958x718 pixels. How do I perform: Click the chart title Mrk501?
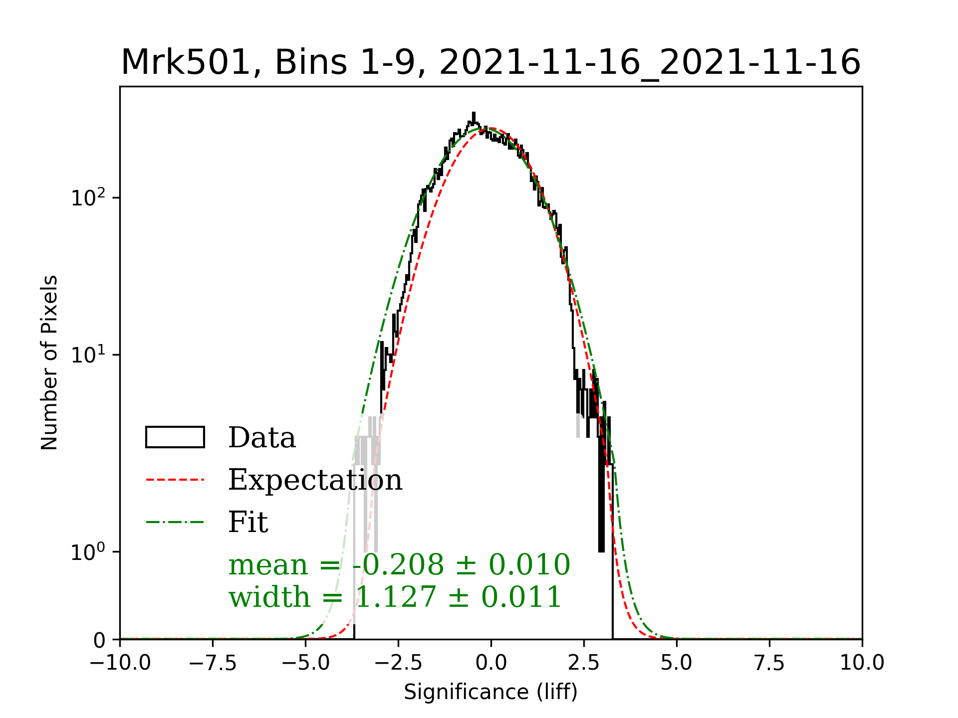pos(490,63)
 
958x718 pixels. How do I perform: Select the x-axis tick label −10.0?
pos(120,663)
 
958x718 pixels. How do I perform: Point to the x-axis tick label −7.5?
pos(213,663)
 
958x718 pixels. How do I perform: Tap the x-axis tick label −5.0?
pos(305,663)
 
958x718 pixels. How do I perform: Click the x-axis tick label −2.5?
pos(398,663)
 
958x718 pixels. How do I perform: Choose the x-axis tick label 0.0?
pos(491,663)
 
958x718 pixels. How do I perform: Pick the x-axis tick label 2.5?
pos(584,663)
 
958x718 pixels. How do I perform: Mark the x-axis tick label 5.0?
pos(677,663)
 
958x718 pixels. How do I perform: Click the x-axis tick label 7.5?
pos(769,663)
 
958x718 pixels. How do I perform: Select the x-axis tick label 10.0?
pos(862,663)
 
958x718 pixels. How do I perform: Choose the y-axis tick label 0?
pos(99,640)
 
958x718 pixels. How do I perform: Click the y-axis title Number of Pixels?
pos(49,362)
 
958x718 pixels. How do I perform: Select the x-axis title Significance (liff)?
pos(490,692)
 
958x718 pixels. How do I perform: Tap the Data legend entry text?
pos(262,438)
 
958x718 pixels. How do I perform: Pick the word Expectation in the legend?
pos(315,480)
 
